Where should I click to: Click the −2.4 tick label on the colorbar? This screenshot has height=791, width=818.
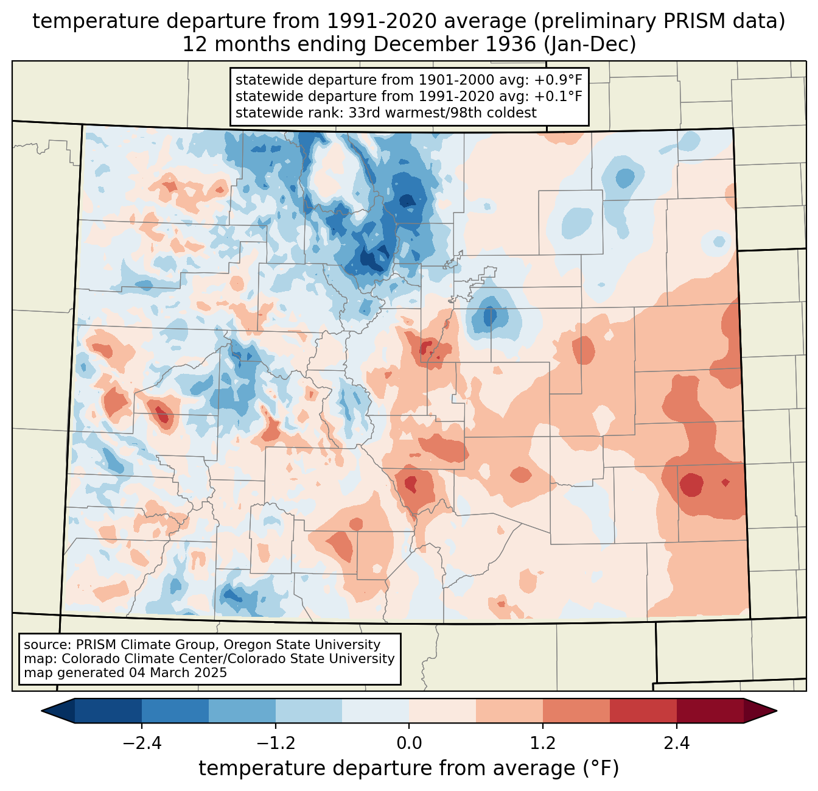tap(142, 744)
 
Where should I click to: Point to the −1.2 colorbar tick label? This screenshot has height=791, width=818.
tap(276, 744)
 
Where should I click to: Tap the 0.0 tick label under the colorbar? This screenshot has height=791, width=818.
tap(409, 744)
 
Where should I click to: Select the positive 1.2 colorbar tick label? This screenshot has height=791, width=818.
tap(543, 744)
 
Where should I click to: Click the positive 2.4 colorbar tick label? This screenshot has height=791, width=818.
tap(677, 744)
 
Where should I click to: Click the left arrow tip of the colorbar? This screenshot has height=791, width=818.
tap(41, 711)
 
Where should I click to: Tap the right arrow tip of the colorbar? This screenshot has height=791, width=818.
tap(777, 711)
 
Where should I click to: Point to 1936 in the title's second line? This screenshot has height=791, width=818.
tap(511, 44)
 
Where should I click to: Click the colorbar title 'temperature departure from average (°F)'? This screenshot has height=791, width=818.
tap(409, 768)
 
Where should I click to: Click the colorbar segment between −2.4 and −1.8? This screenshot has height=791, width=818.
tap(175, 711)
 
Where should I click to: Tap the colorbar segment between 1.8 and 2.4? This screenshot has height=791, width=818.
tap(643, 711)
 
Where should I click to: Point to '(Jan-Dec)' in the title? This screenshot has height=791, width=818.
tap(590, 44)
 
